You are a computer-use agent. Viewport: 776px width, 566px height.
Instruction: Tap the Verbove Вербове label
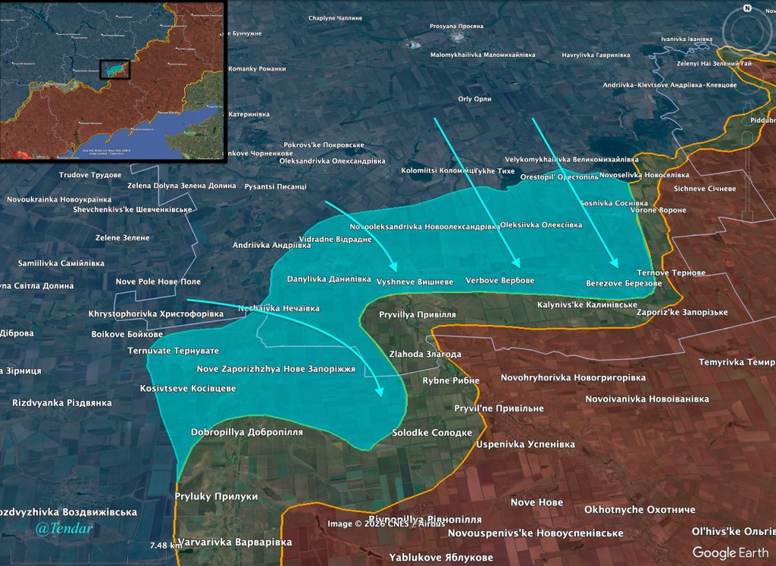500,280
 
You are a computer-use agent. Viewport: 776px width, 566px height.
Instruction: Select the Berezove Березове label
624,283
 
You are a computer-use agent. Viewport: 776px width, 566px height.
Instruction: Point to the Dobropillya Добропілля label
246,432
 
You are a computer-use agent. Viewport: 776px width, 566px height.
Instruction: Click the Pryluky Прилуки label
216,496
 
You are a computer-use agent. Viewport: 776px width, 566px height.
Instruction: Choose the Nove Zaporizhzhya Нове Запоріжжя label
275,369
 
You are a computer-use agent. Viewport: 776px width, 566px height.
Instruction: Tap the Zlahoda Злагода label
425,355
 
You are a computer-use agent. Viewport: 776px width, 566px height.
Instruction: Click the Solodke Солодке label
432,432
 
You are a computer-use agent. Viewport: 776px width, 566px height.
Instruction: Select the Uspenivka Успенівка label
526,444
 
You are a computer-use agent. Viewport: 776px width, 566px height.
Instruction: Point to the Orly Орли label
475,99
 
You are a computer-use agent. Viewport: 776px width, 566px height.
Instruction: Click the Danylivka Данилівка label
329,279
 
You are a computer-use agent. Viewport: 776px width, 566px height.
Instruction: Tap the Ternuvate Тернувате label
173,351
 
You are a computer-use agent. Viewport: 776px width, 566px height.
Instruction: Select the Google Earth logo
730,553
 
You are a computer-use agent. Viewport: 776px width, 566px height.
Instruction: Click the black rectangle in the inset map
115,69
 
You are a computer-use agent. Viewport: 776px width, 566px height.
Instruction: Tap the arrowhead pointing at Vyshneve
393,267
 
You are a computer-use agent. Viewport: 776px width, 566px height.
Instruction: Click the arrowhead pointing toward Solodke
380,391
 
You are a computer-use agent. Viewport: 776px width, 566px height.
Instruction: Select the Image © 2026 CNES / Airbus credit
386,523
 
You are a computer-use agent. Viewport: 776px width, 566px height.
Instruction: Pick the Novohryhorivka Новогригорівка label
573,377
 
